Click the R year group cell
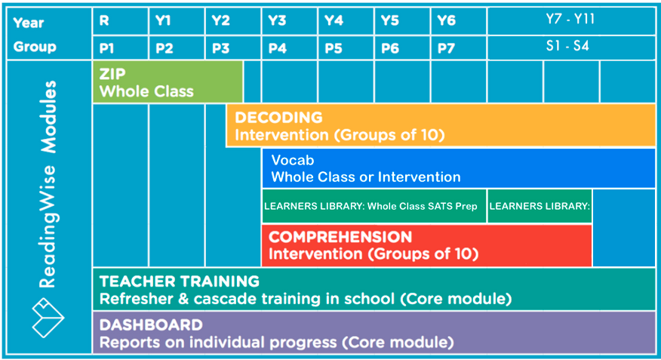pyautogui.click(x=120, y=21)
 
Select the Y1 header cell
pyautogui.click(x=177, y=21)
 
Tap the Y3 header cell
pyautogui.click(x=289, y=21)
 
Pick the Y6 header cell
pyautogui.click(x=458, y=21)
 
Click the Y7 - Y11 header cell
pyautogui.click(x=571, y=21)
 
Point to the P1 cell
pyautogui.click(x=120, y=48)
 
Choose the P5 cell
pyautogui.click(x=346, y=48)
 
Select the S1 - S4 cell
pyautogui.click(x=571, y=48)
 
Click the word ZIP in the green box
pyautogui.click(x=112, y=74)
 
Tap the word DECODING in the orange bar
pyautogui.click(x=278, y=118)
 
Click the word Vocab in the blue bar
pyautogui.click(x=293, y=160)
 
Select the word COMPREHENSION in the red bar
pyautogui.click(x=340, y=237)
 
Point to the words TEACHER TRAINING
pyautogui.click(x=180, y=282)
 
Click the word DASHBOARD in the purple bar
pyautogui.click(x=151, y=325)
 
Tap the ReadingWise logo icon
pyautogui.click(x=48, y=318)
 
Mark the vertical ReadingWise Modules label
pyautogui.click(x=48, y=184)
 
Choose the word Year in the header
pyautogui.click(x=28, y=23)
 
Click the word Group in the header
pyautogui.click(x=35, y=47)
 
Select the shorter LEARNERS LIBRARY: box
pyautogui.click(x=540, y=206)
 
